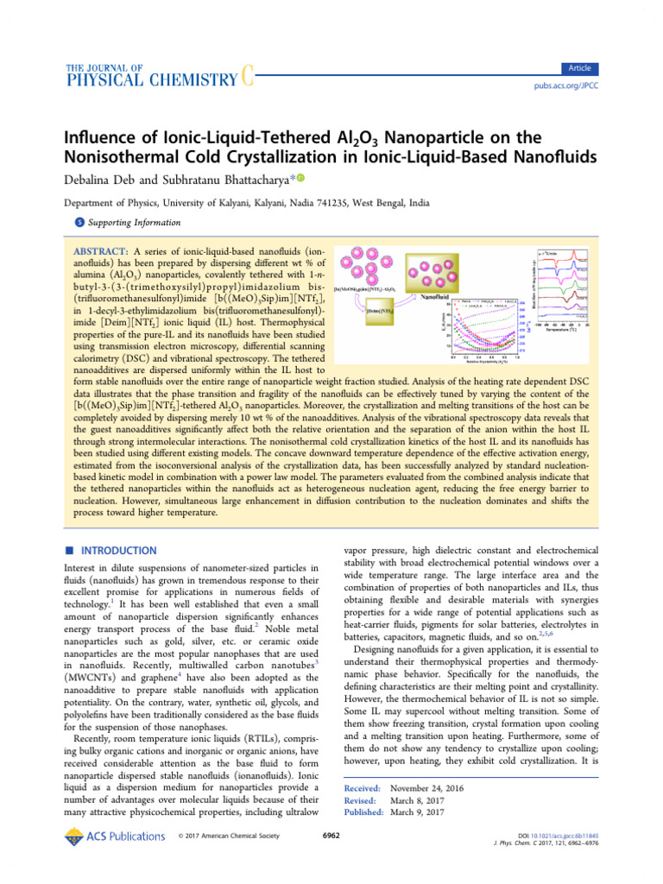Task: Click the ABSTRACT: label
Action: coord(102,251)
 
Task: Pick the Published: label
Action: coord(364,812)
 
